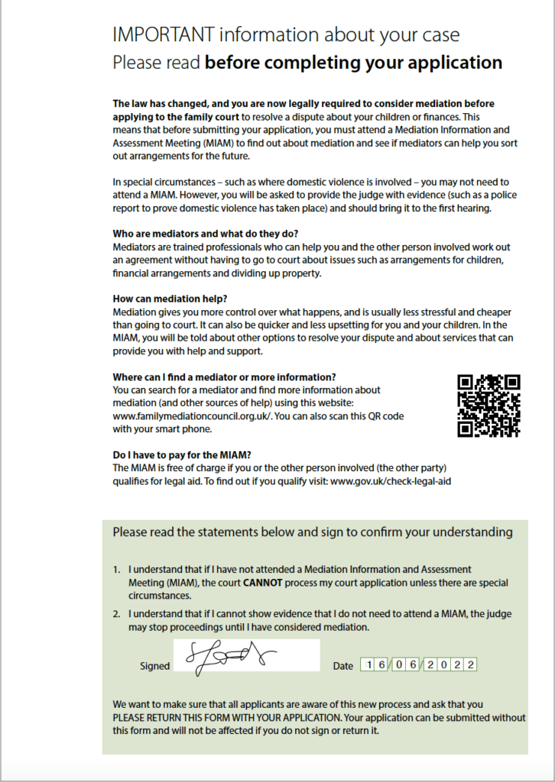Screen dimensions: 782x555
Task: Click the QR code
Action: tap(488, 406)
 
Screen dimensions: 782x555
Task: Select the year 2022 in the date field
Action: tap(452, 665)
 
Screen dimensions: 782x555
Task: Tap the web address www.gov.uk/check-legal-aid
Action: tap(385, 481)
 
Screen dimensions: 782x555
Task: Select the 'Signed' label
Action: tap(154, 666)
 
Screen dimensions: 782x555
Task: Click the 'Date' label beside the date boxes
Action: tap(343, 666)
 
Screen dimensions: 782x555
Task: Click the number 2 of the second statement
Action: tap(116, 614)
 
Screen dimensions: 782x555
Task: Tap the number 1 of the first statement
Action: tap(116, 570)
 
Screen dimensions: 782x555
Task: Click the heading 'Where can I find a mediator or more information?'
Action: tap(224, 376)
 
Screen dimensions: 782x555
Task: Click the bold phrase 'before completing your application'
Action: tap(353, 63)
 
